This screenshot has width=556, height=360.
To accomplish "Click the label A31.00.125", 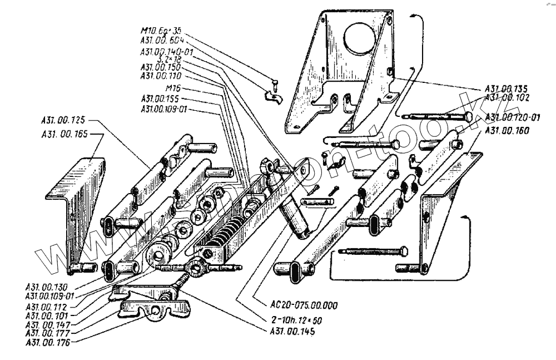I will tap(64, 120).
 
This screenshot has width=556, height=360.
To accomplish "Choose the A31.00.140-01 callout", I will tap(167, 52).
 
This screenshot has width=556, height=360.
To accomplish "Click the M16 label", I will tap(173, 88).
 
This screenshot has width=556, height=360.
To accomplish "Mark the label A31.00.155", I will tap(163, 98).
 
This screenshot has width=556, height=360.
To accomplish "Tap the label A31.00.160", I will tap(507, 130).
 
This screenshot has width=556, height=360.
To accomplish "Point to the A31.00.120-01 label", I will tap(513, 117).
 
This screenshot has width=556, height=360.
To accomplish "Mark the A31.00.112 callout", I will tap(49, 306).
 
